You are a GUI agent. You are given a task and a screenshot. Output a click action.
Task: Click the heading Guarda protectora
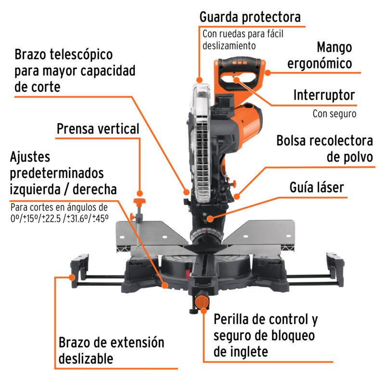pyautogui.click(x=250, y=17)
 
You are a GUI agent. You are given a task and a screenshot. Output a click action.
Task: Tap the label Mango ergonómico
pyautogui.click(x=334, y=55)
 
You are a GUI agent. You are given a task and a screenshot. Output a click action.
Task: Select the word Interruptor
pyautogui.click(x=324, y=95)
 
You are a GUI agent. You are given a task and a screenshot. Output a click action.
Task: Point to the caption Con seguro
pyautogui.click(x=334, y=114)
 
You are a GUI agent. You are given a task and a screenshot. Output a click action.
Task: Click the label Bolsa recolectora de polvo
pyautogui.click(x=324, y=149)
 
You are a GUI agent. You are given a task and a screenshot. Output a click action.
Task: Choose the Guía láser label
pyautogui.click(x=317, y=187)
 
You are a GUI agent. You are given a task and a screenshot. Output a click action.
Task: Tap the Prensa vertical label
pyautogui.click(x=98, y=129)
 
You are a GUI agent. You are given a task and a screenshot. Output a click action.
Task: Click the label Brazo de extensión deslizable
pyautogui.click(x=111, y=350)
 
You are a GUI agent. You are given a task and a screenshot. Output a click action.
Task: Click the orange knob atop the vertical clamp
pyautogui.click(x=140, y=200)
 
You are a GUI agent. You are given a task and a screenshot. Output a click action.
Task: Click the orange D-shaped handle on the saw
pyautogui.click(x=241, y=72)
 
